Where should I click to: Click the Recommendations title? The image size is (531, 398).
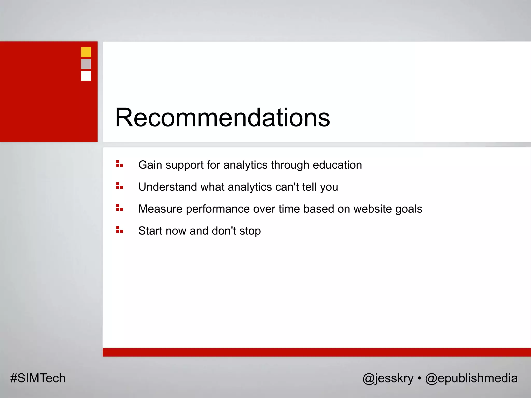(x=222, y=118)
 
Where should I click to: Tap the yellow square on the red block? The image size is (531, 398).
(x=86, y=52)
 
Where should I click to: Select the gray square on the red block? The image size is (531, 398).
(x=86, y=64)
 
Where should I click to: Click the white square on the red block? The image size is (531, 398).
(x=86, y=76)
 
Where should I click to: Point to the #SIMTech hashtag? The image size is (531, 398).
(x=38, y=378)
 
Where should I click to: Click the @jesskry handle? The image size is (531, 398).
(x=388, y=378)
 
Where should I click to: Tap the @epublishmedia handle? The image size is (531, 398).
(x=471, y=378)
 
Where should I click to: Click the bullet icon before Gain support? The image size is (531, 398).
(x=119, y=164)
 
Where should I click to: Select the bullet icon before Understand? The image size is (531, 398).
(x=119, y=186)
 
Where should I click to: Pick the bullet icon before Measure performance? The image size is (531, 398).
(x=119, y=208)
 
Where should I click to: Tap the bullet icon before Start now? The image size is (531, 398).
(x=119, y=230)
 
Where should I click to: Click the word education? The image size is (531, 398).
(x=337, y=165)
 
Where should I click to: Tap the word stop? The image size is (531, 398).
(x=250, y=231)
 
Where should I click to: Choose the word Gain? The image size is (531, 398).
(x=150, y=165)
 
